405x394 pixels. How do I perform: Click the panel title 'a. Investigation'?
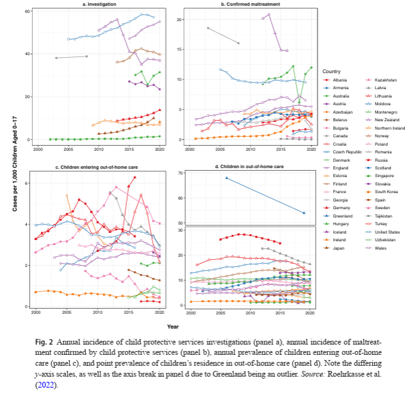click(x=95, y=4)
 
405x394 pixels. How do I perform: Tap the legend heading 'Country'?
click(x=331, y=71)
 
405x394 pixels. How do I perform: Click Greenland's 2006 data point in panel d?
click(x=226, y=178)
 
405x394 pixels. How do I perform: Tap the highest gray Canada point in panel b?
click(x=208, y=28)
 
